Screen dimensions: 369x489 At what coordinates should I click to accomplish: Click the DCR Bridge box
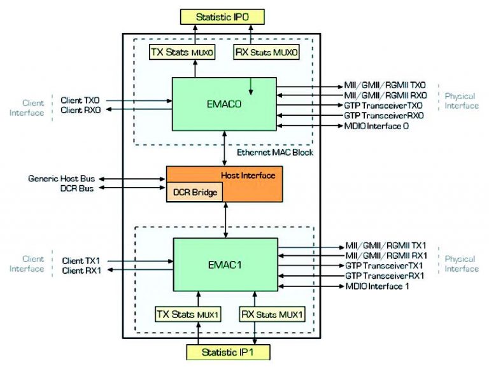194,191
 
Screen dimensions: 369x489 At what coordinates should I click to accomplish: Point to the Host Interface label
248,174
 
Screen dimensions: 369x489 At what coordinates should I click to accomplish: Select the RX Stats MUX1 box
271,314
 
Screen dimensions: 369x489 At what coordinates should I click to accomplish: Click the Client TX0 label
80,100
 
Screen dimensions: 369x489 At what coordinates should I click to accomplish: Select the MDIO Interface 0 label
376,126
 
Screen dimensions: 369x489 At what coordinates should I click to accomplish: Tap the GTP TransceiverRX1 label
385,275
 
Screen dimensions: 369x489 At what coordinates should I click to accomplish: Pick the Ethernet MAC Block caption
274,153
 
